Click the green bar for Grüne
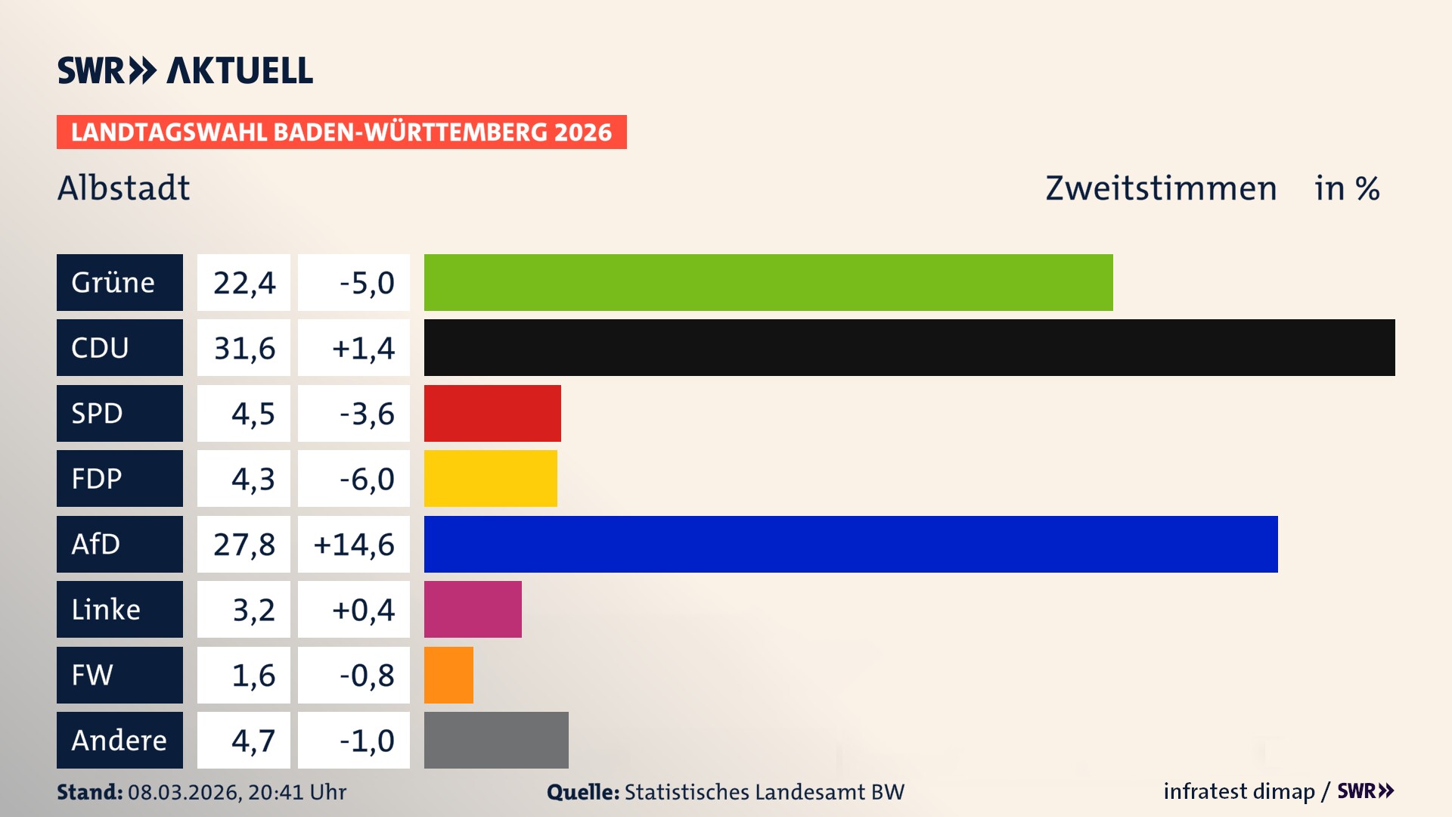768,282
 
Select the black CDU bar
909,348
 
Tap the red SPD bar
492,413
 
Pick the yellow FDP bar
490,478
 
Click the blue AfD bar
851,544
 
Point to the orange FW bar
448,675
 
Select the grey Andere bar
496,740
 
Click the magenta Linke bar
473,609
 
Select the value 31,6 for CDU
244,348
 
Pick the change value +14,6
354,544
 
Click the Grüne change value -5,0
366,282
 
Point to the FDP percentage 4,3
253,478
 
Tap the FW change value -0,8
366,675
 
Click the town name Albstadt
124,188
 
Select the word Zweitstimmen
1161,188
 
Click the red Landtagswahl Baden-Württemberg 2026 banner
341,132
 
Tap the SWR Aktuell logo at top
185,70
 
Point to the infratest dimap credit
1239,791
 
